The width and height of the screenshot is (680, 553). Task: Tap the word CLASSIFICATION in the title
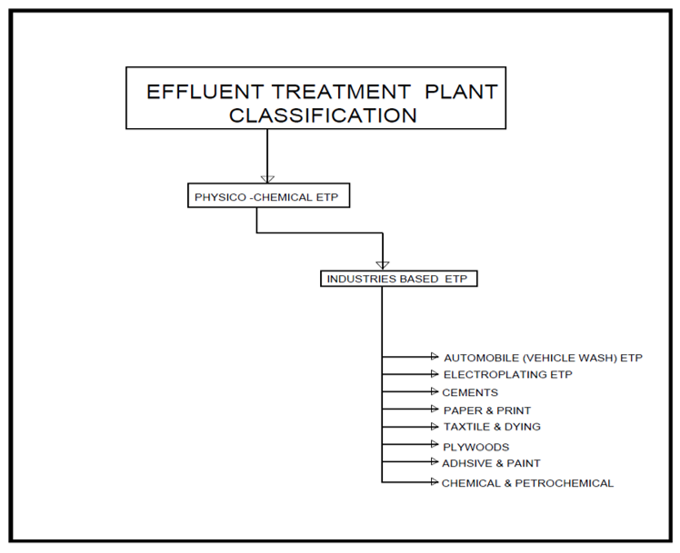click(x=323, y=115)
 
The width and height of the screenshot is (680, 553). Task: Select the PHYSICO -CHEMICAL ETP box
click(x=257, y=196)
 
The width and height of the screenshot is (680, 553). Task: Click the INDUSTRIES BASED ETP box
click(x=399, y=279)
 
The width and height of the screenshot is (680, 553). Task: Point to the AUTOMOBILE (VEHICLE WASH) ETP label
click(x=543, y=358)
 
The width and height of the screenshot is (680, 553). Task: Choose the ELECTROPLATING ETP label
click(x=507, y=374)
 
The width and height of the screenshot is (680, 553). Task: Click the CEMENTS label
click(x=470, y=392)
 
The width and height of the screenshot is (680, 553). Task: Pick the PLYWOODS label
click(x=475, y=447)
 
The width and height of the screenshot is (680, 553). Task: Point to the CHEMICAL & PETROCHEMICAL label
click(x=527, y=483)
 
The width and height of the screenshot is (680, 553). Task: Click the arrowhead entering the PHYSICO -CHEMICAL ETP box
click(x=267, y=179)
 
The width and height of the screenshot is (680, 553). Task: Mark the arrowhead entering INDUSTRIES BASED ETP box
click(x=383, y=264)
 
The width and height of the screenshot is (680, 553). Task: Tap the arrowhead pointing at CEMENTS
click(x=434, y=391)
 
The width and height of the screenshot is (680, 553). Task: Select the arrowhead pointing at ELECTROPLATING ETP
click(x=434, y=373)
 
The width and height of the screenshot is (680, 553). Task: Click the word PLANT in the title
click(x=464, y=92)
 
